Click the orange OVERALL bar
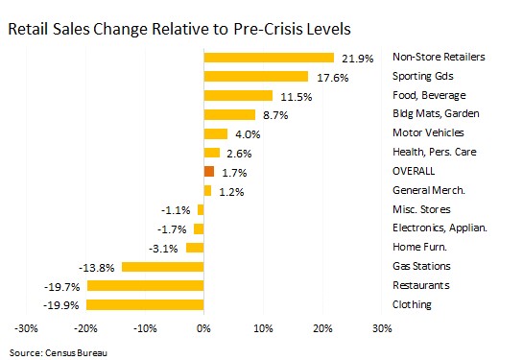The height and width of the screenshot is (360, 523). pos(209,172)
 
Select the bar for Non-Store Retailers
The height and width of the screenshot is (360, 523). pos(269,58)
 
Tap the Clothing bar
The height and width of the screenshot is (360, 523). pos(145,305)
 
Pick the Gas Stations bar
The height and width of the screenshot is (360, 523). pos(163,267)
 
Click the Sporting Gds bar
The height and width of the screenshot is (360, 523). pos(256,77)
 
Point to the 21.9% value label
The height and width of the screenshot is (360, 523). pos(358,59)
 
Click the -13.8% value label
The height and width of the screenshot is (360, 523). pos(97,268)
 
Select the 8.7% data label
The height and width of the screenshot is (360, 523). pos(275,115)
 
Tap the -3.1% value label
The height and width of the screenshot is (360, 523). pos(163,249)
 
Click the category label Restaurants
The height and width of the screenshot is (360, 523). pos(421,285)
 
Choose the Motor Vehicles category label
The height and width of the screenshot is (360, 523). pos(428,132)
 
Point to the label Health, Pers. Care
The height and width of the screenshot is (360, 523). pos(435,152)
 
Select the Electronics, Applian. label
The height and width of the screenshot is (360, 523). pos(440,228)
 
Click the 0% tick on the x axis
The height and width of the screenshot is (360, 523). pos(203,328)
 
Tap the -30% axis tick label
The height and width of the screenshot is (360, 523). pos(26,328)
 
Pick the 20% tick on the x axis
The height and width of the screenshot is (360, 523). pos(322,328)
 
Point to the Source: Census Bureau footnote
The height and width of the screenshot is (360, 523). pos(59,353)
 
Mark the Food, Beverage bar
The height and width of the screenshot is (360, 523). pos(238,95)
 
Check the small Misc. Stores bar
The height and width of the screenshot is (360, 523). pos(201,210)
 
